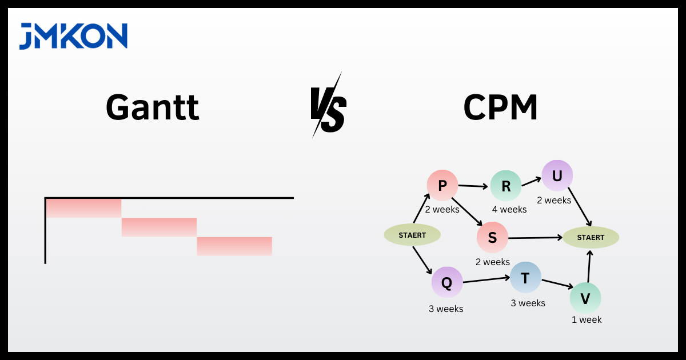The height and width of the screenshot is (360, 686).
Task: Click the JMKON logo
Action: [73, 36]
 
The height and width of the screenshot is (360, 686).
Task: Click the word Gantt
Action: [153, 107]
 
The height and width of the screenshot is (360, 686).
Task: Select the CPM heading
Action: [500, 107]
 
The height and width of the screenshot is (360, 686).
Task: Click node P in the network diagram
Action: [442, 185]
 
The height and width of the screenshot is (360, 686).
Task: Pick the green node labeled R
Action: [506, 186]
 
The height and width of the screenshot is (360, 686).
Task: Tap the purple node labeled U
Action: [557, 175]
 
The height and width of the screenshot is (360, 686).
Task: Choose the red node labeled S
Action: [492, 238]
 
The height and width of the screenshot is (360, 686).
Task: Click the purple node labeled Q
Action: [447, 282]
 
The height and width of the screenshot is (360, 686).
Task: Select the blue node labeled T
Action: [525, 278]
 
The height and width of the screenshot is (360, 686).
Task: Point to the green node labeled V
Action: [585, 298]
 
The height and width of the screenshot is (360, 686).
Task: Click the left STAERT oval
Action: [412, 235]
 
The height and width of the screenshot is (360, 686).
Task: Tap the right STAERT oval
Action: [591, 237]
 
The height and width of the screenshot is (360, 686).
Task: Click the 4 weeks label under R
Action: [509, 210]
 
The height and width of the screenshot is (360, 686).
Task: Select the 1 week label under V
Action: [587, 320]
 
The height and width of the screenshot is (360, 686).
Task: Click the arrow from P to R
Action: [474, 186]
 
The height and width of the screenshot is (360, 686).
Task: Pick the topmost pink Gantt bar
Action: [83, 208]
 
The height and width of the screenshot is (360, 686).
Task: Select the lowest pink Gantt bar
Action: [234, 246]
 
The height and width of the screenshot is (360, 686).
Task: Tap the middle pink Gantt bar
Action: [159, 227]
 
